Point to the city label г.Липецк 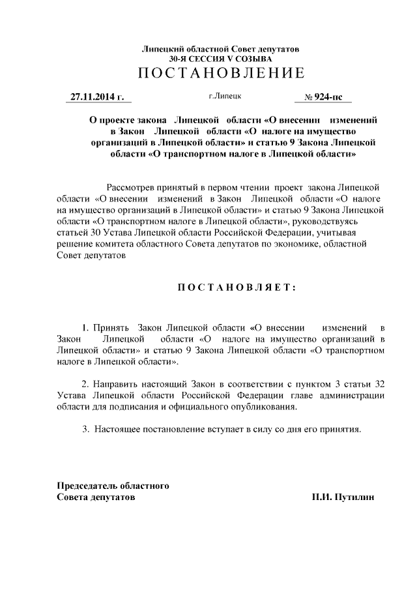point(225,96)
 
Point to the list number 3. point(85,430)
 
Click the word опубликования point(266,406)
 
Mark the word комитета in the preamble point(108,244)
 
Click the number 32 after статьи point(378,383)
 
